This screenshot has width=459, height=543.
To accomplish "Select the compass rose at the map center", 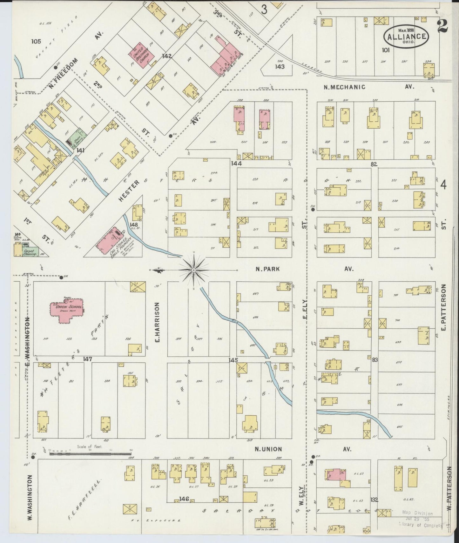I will [x=193, y=270].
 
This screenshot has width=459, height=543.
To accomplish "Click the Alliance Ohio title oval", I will [x=406, y=36].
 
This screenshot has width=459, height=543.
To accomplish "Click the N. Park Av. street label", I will [x=268, y=269].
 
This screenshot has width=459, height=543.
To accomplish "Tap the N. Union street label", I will [x=268, y=449].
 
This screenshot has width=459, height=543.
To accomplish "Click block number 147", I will [x=87, y=359].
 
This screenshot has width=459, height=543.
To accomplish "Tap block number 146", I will [x=184, y=499].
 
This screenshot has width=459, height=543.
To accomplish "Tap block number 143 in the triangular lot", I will [x=280, y=67].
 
